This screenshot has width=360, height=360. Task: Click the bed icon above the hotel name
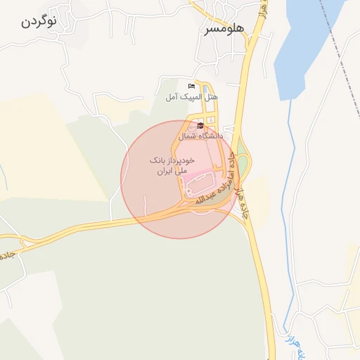(192, 86)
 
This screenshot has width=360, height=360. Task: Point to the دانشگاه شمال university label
(200, 136)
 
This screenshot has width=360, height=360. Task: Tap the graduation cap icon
(200, 126)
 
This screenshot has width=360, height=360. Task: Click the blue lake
(302, 49)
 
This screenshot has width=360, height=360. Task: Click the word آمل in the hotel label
(173, 96)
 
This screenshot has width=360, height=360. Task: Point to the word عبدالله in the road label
(203, 199)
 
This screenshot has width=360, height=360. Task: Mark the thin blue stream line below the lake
(285, 211)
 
